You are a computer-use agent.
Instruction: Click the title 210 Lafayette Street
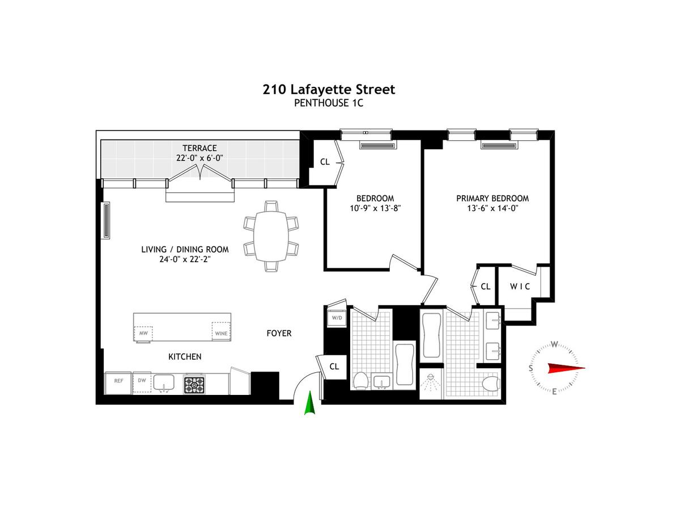329,90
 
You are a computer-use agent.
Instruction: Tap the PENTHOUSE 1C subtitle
329,103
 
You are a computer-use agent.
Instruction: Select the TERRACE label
199,148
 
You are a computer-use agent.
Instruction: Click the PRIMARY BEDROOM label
492,198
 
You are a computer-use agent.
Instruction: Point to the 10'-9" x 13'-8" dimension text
375,208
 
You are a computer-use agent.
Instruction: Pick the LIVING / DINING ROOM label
185,249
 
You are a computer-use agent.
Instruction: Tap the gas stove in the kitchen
194,384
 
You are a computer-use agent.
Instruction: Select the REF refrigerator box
118,383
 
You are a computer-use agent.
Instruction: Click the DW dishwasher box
142,382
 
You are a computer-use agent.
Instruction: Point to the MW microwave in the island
143,333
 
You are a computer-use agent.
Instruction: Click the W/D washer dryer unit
337,318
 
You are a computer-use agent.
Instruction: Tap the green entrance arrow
310,403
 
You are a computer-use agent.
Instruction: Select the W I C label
520,287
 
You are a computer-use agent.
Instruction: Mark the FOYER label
279,333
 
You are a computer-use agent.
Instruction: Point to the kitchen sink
164,383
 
